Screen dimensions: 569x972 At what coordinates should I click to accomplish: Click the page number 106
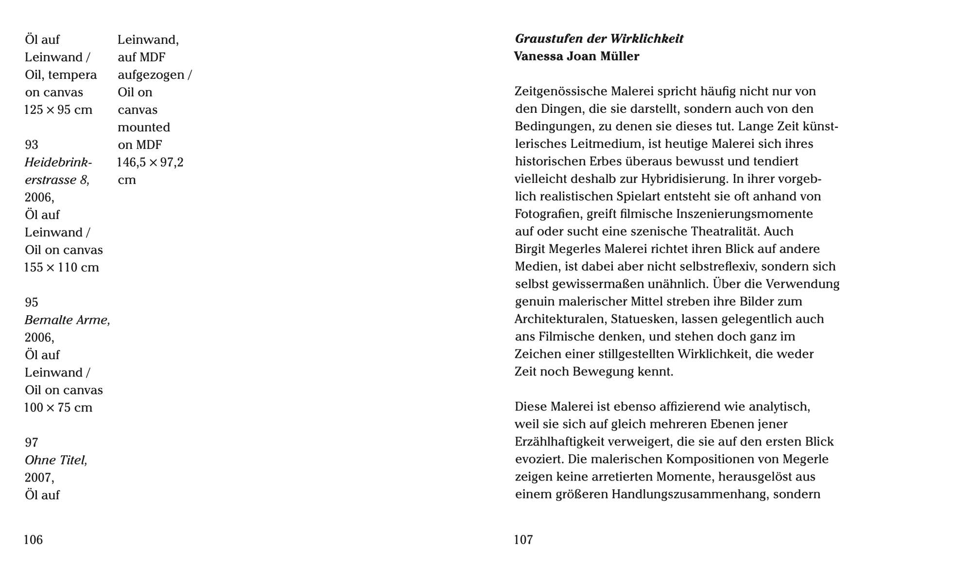tap(34, 539)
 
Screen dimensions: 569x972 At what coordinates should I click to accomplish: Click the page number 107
tap(523, 539)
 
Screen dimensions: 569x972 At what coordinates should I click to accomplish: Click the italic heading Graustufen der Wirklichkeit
tap(599, 39)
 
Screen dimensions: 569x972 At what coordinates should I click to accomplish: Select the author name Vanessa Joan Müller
tap(577, 56)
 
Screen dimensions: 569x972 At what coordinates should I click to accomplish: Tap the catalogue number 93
tap(32, 145)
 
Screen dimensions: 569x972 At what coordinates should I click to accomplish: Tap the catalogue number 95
tap(32, 302)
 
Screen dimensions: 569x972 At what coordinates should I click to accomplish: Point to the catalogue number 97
tap(32, 443)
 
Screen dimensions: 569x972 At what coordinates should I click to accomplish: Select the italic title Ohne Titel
tap(56, 460)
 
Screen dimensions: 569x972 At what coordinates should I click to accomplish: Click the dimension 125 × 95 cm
tap(58, 110)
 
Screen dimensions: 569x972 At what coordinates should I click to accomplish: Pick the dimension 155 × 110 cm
tap(62, 267)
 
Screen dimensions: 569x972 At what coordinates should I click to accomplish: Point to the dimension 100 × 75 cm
tap(58, 408)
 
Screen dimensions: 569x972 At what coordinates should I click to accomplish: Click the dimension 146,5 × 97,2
tap(151, 162)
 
